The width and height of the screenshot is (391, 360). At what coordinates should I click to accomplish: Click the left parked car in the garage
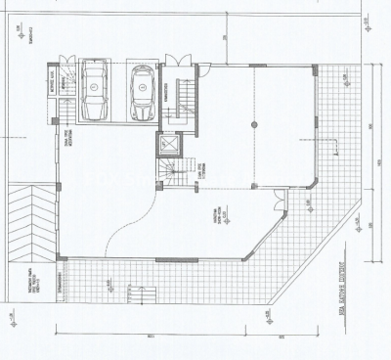pos(95,91)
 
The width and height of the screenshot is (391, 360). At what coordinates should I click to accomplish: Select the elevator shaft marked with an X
pos(166,146)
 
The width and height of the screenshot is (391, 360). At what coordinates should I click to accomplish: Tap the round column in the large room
pos(252,124)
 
